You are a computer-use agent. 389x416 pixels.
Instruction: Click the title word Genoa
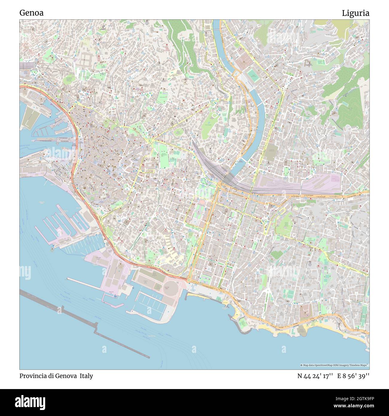[x=31, y=13]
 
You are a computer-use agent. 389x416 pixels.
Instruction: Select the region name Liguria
[x=355, y=13]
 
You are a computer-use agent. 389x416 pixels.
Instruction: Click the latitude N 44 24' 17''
[x=315, y=376]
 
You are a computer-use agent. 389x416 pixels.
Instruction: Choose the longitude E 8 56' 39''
[x=353, y=376]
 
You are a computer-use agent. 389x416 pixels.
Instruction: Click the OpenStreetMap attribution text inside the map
[x=335, y=365]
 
